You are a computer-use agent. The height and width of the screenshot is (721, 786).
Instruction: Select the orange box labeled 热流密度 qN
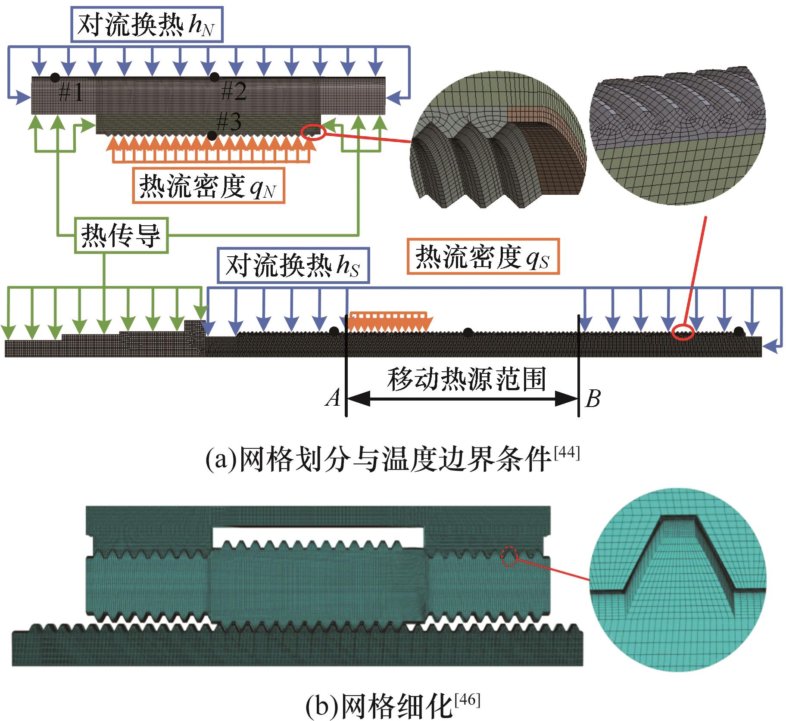tap(209, 186)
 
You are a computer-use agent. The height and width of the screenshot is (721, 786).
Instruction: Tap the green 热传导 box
tap(121, 236)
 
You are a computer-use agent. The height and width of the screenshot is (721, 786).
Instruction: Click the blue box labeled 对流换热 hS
tap(293, 265)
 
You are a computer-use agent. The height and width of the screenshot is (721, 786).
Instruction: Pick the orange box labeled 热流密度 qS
tap(483, 256)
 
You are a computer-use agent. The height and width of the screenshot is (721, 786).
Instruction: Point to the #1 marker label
tap(71, 92)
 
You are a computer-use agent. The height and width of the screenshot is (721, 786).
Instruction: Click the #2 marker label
tap(234, 91)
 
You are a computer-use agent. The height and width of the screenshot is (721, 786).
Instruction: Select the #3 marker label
tap(228, 122)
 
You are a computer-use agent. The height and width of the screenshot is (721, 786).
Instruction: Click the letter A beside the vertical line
tap(333, 398)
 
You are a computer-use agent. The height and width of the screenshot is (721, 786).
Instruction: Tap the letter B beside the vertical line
tap(593, 398)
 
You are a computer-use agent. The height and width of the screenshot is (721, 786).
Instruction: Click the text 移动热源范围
tap(467, 379)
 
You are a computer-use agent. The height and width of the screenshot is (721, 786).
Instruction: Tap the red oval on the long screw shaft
tap(683, 332)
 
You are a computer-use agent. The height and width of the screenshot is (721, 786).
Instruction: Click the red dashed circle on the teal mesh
tap(509, 556)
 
